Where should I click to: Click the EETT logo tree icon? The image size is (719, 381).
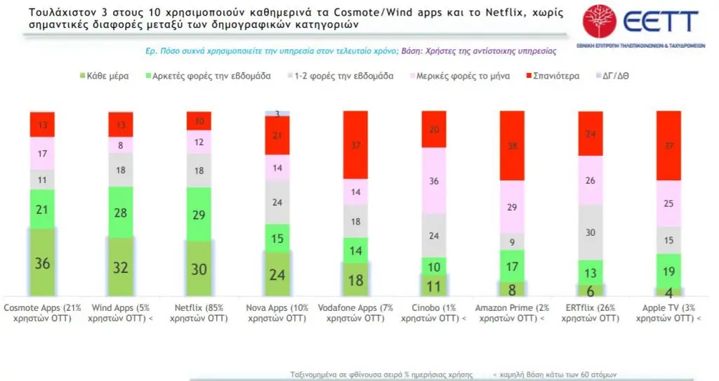click(x=598, y=20)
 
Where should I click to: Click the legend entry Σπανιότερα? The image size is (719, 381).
click(x=555, y=75)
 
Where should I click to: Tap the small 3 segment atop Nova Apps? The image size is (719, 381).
click(x=277, y=113)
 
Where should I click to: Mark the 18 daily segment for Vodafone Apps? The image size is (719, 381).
click(x=355, y=279)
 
